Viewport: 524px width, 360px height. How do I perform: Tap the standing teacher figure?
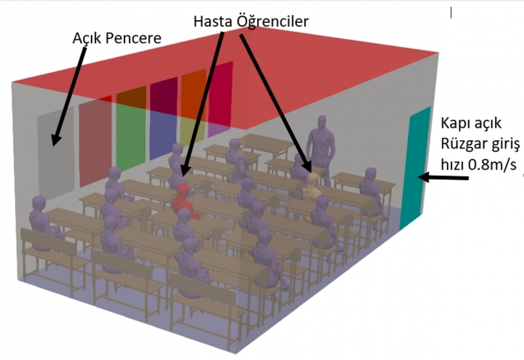(321, 149)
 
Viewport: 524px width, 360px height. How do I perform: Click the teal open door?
(415, 169)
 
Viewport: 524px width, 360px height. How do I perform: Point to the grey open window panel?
(56, 152)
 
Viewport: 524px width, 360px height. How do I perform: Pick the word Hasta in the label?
(213, 22)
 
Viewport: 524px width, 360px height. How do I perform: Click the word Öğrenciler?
(272, 22)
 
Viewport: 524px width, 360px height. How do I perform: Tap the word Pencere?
(134, 38)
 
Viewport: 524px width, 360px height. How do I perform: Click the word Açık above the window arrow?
(87, 39)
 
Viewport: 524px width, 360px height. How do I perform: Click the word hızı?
(453, 164)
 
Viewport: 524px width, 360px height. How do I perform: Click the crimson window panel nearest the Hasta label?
(220, 99)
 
